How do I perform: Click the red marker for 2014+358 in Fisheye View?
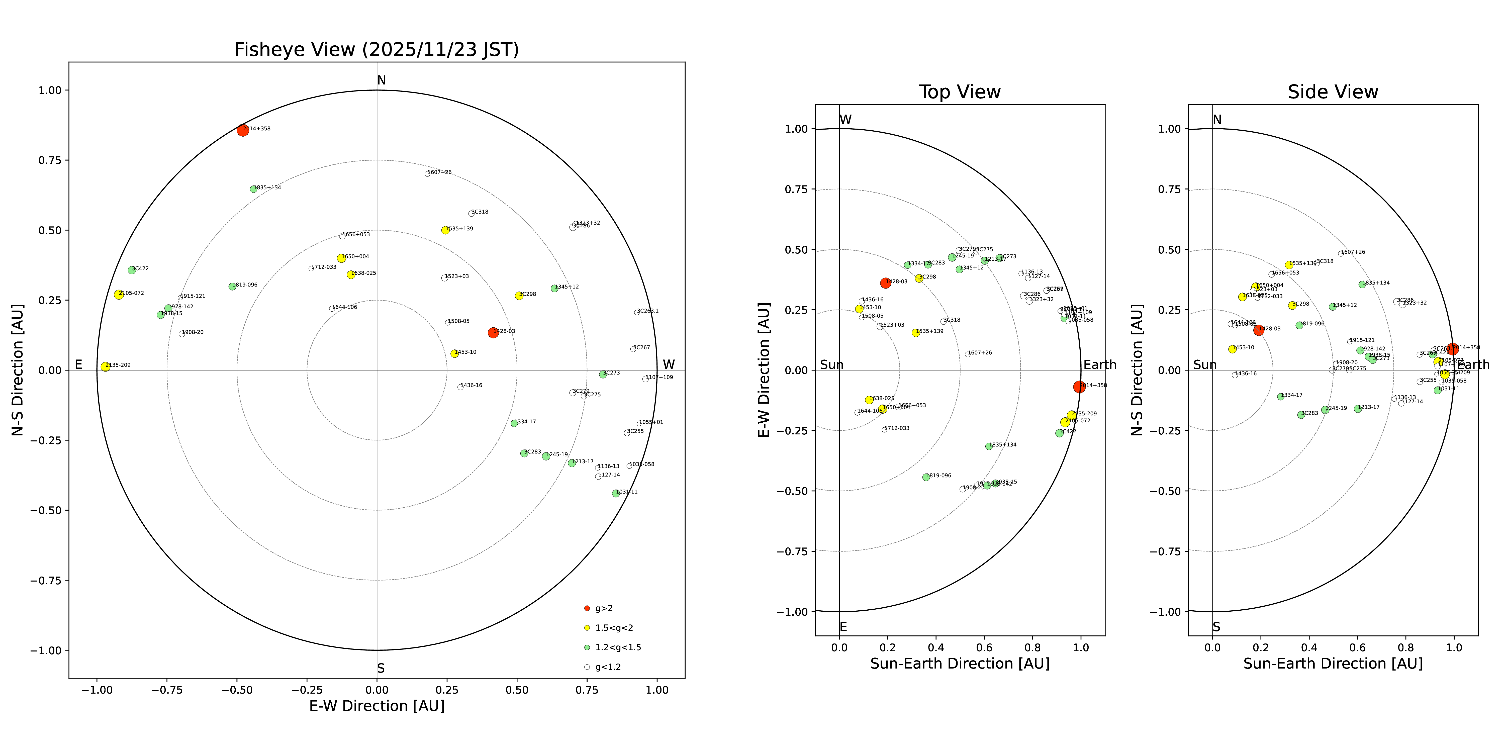243,130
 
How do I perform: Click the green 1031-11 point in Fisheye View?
615,493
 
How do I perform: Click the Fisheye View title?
377,50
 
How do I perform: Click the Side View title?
1333,92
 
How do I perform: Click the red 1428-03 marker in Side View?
1259,330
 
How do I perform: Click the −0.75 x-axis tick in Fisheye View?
167,690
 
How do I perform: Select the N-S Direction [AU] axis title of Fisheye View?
18,369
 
